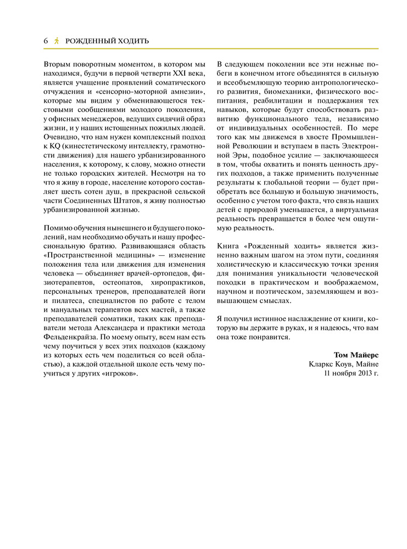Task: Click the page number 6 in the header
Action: click(x=46, y=41)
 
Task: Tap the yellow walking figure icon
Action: click(x=57, y=41)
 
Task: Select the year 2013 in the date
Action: click(x=361, y=374)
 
